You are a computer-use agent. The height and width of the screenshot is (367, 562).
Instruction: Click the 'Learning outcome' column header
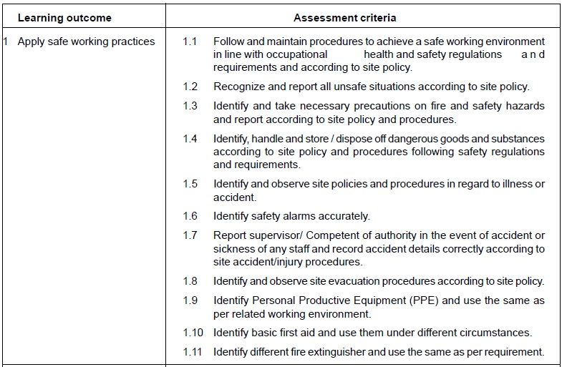(64, 18)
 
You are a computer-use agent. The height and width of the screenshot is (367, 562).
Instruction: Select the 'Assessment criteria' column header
(344, 18)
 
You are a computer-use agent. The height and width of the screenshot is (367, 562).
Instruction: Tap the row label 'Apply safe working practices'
(86, 41)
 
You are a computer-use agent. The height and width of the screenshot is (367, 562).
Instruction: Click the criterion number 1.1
(190, 41)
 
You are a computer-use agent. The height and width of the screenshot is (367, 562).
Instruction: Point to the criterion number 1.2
(190, 87)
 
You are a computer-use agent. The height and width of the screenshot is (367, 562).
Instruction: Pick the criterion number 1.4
(190, 138)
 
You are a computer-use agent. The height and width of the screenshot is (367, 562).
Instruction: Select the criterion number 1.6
(190, 215)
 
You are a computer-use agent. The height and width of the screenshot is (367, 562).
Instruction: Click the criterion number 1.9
(190, 300)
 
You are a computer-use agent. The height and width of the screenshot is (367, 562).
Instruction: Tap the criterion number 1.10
(193, 333)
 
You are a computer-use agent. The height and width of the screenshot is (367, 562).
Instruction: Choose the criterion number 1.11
(193, 351)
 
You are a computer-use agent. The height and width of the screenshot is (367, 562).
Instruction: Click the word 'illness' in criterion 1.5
(513, 184)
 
